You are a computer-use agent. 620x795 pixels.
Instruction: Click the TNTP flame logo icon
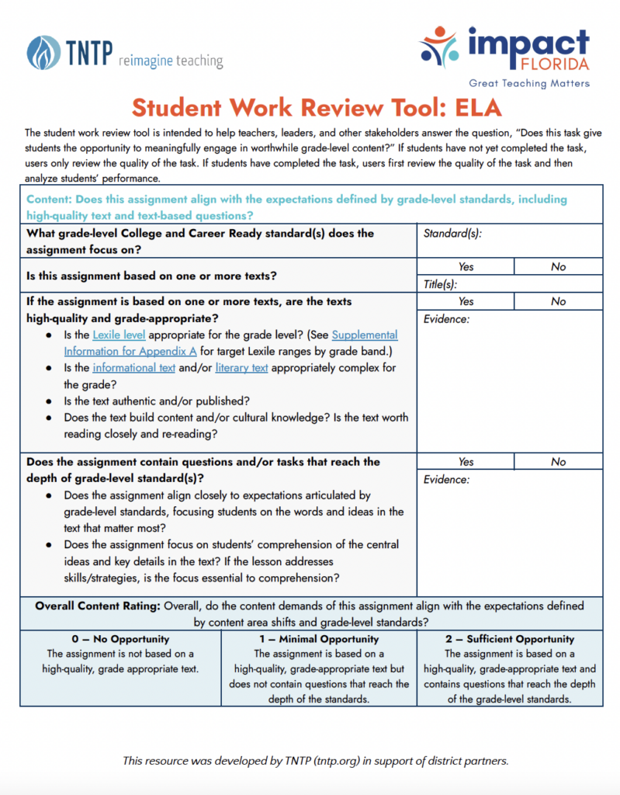(42, 53)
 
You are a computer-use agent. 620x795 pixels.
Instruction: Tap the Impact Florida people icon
(440, 46)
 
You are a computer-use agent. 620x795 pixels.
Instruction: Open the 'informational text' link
(133, 367)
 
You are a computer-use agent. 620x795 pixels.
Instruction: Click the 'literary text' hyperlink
(241, 367)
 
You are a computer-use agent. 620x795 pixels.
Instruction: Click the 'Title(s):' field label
(441, 284)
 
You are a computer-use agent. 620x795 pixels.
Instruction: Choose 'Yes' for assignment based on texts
(466, 266)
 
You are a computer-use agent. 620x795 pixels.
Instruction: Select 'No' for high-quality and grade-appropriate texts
(558, 301)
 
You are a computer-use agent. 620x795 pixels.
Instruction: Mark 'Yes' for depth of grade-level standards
(466, 461)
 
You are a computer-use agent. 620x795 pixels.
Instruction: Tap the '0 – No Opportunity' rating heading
(120, 639)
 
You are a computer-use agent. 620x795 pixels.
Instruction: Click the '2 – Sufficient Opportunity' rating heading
(510, 639)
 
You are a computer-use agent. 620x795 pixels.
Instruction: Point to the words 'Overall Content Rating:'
(97, 606)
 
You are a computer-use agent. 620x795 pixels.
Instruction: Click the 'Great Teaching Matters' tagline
(528, 83)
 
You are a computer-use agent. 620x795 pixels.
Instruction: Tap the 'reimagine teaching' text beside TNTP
(171, 61)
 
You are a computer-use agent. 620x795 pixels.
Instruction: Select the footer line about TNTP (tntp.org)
(316, 760)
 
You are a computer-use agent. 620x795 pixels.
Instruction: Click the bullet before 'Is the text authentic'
(49, 401)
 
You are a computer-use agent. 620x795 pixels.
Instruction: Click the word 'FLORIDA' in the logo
(556, 64)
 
